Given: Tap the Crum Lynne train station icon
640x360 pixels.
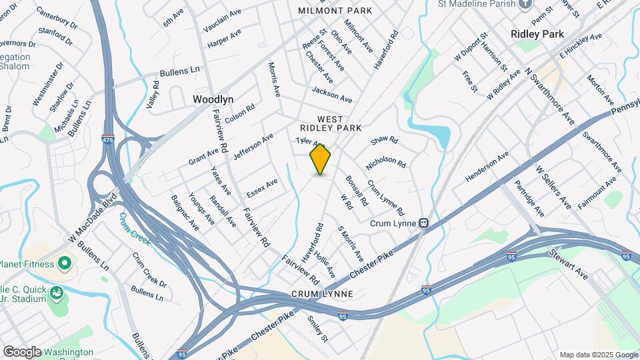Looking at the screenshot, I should [x=423, y=223].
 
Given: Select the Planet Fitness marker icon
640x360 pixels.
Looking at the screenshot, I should [x=64, y=264].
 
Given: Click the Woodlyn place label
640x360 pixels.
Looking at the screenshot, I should [x=213, y=99].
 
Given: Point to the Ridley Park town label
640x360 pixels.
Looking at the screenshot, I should [x=537, y=33].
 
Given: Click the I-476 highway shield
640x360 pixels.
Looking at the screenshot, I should [x=107, y=139].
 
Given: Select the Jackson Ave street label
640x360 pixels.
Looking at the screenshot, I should [x=331, y=94].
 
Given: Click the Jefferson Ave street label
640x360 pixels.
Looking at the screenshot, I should [x=253, y=147].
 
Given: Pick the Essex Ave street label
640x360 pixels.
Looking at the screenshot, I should [x=262, y=188].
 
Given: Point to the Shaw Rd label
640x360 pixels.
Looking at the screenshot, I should [x=384, y=141].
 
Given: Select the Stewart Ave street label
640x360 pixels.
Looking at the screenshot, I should [x=568, y=265].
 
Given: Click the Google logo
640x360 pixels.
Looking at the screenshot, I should [x=21, y=351].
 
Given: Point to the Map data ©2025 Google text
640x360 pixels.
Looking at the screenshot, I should [x=597, y=355].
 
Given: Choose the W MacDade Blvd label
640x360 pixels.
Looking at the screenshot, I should [x=92, y=217].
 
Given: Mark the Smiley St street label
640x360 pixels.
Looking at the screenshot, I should [x=317, y=328].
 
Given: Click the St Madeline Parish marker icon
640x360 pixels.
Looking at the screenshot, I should [x=526, y=4].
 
